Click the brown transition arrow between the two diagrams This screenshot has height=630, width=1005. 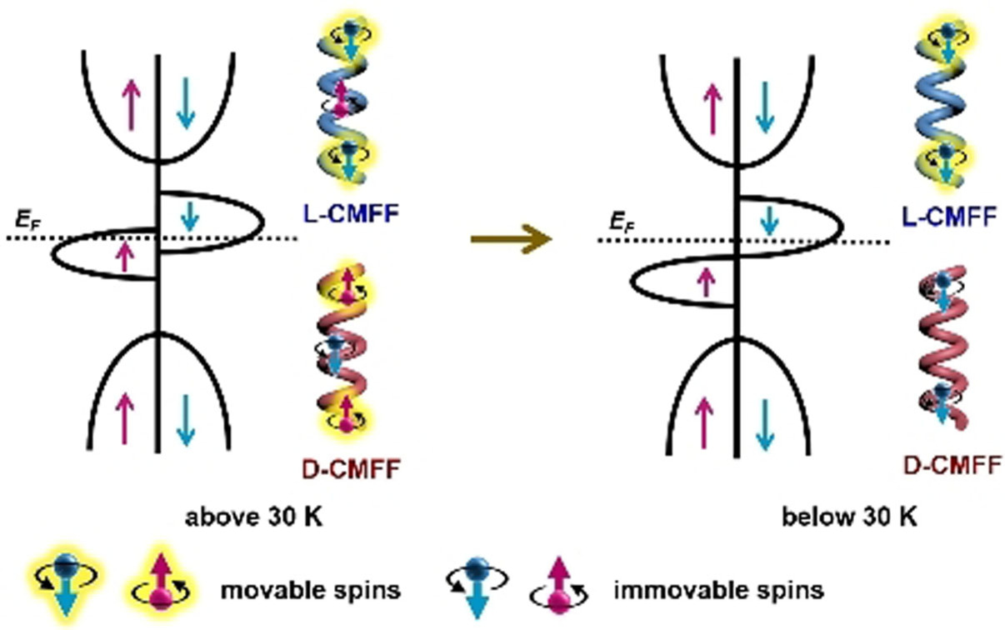[x=511, y=240]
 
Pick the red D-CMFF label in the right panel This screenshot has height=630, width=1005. [x=951, y=467]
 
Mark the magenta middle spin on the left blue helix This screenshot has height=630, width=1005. [x=339, y=107]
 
